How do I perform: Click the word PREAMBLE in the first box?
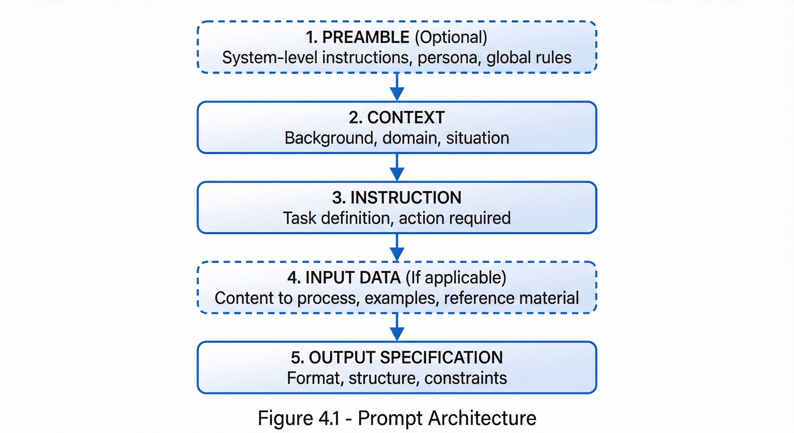point(365,37)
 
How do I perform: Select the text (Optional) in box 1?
point(451,37)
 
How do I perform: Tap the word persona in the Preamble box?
point(447,58)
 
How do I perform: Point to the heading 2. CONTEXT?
point(397,118)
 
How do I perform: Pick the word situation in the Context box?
point(477,138)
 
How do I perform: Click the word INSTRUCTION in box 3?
point(406,198)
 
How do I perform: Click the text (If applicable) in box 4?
point(456,277)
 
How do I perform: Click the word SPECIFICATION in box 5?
point(441,357)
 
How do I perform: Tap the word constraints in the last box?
point(466,378)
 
